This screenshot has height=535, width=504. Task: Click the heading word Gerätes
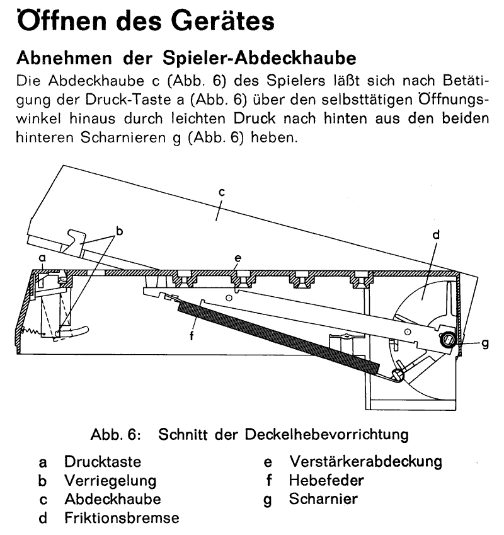[222, 21]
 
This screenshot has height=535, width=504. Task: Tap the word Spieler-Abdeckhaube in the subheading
[259, 58]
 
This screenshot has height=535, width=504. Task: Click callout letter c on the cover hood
[222, 192]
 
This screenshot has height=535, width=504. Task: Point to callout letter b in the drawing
[119, 231]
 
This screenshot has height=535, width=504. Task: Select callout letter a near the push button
[42, 258]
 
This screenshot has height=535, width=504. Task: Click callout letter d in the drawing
[436, 235]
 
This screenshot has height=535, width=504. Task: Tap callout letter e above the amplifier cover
[238, 258]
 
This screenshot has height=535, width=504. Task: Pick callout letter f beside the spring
[192, 336]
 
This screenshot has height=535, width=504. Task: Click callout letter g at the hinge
[485, 343]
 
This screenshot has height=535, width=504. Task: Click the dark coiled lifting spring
[278, 338]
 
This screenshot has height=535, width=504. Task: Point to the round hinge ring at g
[447, 340]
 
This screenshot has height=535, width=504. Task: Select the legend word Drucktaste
[103, 462]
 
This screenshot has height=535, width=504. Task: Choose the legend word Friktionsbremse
[122, 518]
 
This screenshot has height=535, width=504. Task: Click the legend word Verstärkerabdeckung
[365, 462]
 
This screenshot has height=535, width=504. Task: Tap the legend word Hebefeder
[326, 480]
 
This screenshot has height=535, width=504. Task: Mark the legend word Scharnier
[323, 499]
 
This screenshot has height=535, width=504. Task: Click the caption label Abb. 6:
[116, 435]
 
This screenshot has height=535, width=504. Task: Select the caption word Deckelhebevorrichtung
[327, 435]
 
